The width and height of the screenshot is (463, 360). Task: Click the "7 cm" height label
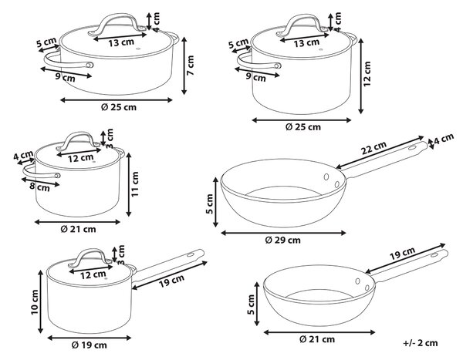coord(191,65)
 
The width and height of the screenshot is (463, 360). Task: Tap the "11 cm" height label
coord(134,184)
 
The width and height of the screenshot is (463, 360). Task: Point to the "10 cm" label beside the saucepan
coord(35,302)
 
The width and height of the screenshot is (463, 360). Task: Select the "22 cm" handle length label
coord(373,148)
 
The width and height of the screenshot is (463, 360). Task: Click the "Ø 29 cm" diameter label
coord(282,241)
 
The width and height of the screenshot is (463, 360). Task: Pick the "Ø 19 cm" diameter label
coord(90,345)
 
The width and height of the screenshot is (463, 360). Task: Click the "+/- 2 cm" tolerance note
coord(421,343)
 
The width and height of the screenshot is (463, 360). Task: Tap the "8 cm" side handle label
coord(39,187)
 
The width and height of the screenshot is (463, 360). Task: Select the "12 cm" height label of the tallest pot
coord(367,74)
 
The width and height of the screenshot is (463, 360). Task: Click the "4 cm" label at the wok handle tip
coord(444,139)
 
